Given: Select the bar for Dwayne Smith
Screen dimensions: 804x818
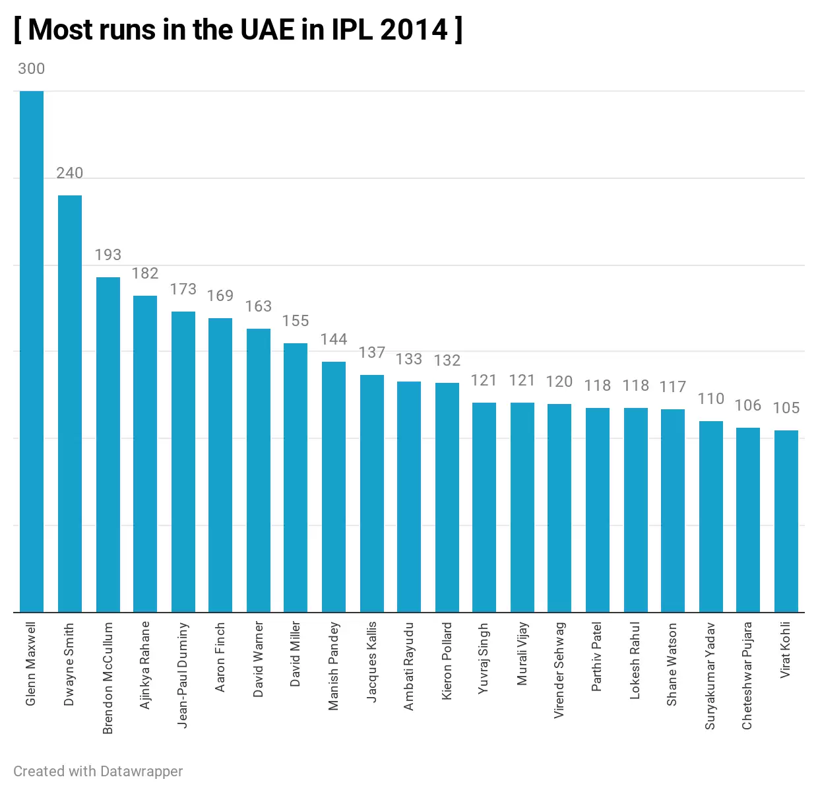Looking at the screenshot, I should pos(70,403).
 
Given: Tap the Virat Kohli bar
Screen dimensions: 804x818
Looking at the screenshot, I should pos(786,521).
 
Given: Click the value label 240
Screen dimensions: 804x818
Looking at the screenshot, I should pos(70,173).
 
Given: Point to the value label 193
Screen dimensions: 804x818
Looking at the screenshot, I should pos(108,255).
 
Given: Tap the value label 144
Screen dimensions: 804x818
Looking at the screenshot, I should pos(334,339).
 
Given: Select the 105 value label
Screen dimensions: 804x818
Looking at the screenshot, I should pos(786,408).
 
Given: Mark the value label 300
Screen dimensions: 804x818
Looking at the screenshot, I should pos(32,69).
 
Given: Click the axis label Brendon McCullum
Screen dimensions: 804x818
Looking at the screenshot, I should pos(108,677).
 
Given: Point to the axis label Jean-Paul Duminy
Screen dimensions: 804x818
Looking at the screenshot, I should pos(183,675).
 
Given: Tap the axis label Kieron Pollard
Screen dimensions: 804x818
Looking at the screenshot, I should pos(447,660).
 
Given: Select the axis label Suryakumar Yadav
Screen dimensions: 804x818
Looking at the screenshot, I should pos(710,676).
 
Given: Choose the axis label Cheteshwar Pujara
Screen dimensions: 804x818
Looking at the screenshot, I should pos(747,676).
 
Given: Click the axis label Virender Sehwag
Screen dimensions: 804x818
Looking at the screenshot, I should pos(559,670).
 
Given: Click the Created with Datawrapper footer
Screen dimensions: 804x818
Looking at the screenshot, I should pos(98,771).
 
